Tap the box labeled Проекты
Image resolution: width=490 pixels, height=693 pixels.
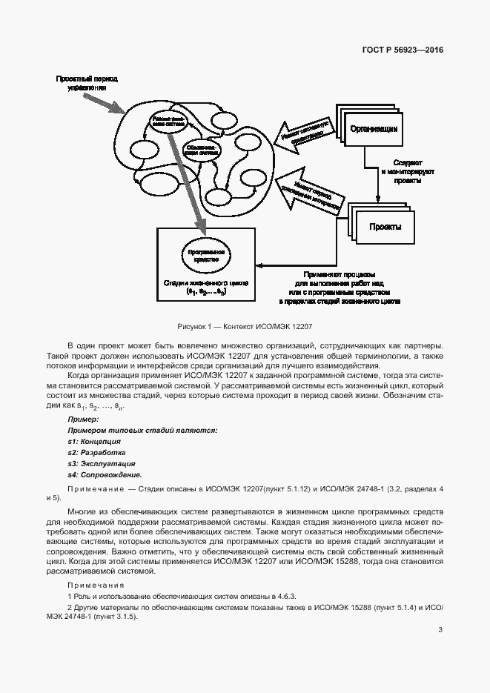click(385, 227)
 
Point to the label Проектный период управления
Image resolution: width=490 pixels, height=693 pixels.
click(87, 82)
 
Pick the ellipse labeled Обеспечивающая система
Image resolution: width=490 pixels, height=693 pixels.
click(202, 149)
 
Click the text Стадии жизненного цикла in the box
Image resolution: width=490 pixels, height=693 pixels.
click(205, 283)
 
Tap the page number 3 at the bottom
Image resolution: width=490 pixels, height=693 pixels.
click(440, 630)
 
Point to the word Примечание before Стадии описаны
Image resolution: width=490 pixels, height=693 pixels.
click(95, 490)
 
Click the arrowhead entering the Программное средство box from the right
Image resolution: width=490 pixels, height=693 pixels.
click(259, 265)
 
